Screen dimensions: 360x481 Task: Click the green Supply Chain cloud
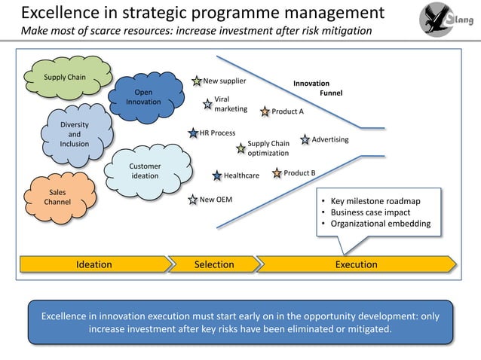pyautogui.click(x=66, y=78)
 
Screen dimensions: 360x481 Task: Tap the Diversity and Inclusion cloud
pyautogui.click(x=75, y=134)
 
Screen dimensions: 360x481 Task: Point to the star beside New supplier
pyautogui.click(x=197, y=81)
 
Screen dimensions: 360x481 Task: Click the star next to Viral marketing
pyautogui.click(x=207, y=105)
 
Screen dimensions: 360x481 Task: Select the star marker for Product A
pyautogui.click(x=265, y=112)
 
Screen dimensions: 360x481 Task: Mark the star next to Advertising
pyautogui.click(x=305, y=139)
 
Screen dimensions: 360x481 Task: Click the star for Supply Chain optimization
pyautogui.click(x=240, y=148)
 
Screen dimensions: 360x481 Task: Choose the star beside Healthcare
pyautogui.click(x=217, y=175)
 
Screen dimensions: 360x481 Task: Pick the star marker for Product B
pyautogui.click(x=277, y=173)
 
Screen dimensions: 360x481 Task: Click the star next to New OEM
pyautogui.click(x=192, y=200)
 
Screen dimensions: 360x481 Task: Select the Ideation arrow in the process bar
pyautogui.click(x=94, y=264)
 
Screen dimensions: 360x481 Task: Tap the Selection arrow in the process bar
pyautogui.click(x=214, y=264)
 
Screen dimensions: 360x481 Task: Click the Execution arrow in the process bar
pyautogui.click(x=356, y=264)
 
